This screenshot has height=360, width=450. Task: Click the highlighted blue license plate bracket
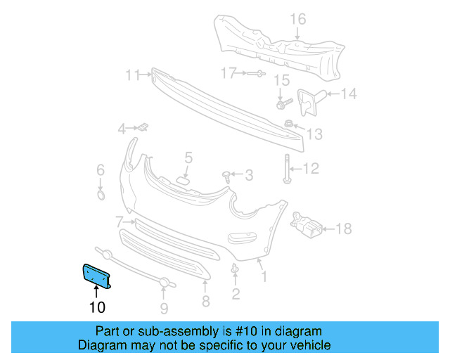(98, 275)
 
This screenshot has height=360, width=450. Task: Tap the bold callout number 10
(97, 307)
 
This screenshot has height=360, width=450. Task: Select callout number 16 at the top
(299, 19)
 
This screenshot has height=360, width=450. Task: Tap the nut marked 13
(288, 124)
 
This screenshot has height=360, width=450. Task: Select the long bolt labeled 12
(288, 168)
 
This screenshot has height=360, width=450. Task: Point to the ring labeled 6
(101, 195)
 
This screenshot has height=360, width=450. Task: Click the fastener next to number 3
(226, 175)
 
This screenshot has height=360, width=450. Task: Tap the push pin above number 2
(235, 269)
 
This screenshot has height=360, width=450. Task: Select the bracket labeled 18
(308, 226)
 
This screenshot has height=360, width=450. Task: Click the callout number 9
(164, 307)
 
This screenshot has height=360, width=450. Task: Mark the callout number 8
(206, 302)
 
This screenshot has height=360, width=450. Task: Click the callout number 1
(264, 277)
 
